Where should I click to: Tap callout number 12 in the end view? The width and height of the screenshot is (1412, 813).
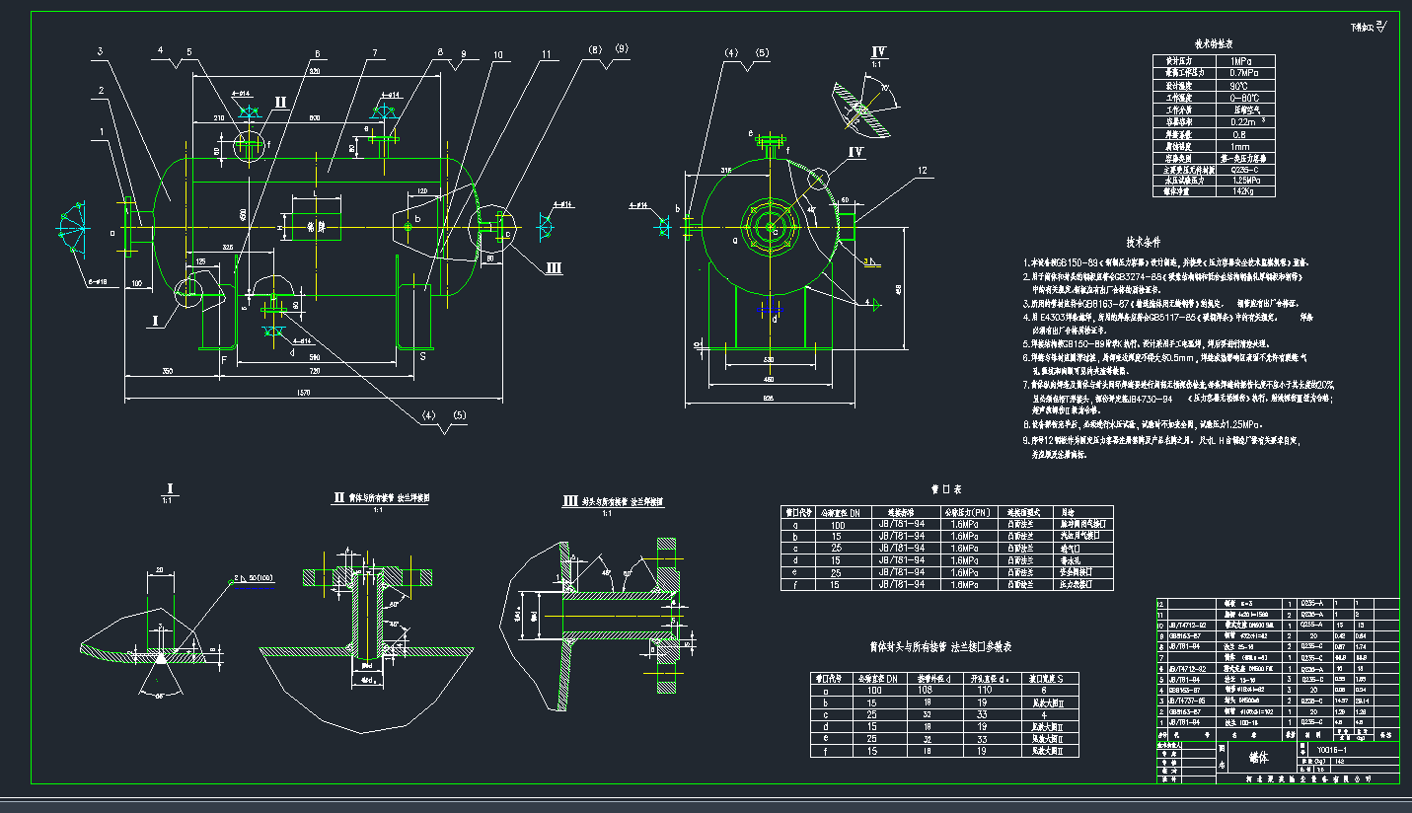click(x=922, y=171)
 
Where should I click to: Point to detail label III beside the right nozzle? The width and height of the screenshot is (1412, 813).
click(x=554, y=267)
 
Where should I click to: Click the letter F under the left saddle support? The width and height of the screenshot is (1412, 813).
click(x=224, y=360)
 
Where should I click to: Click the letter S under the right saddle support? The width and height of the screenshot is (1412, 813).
click(x=424, y=355)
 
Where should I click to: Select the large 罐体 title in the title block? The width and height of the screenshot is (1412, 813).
click(x=1257, y=758)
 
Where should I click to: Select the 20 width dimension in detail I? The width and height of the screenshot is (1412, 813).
click(x=158, y=571)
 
